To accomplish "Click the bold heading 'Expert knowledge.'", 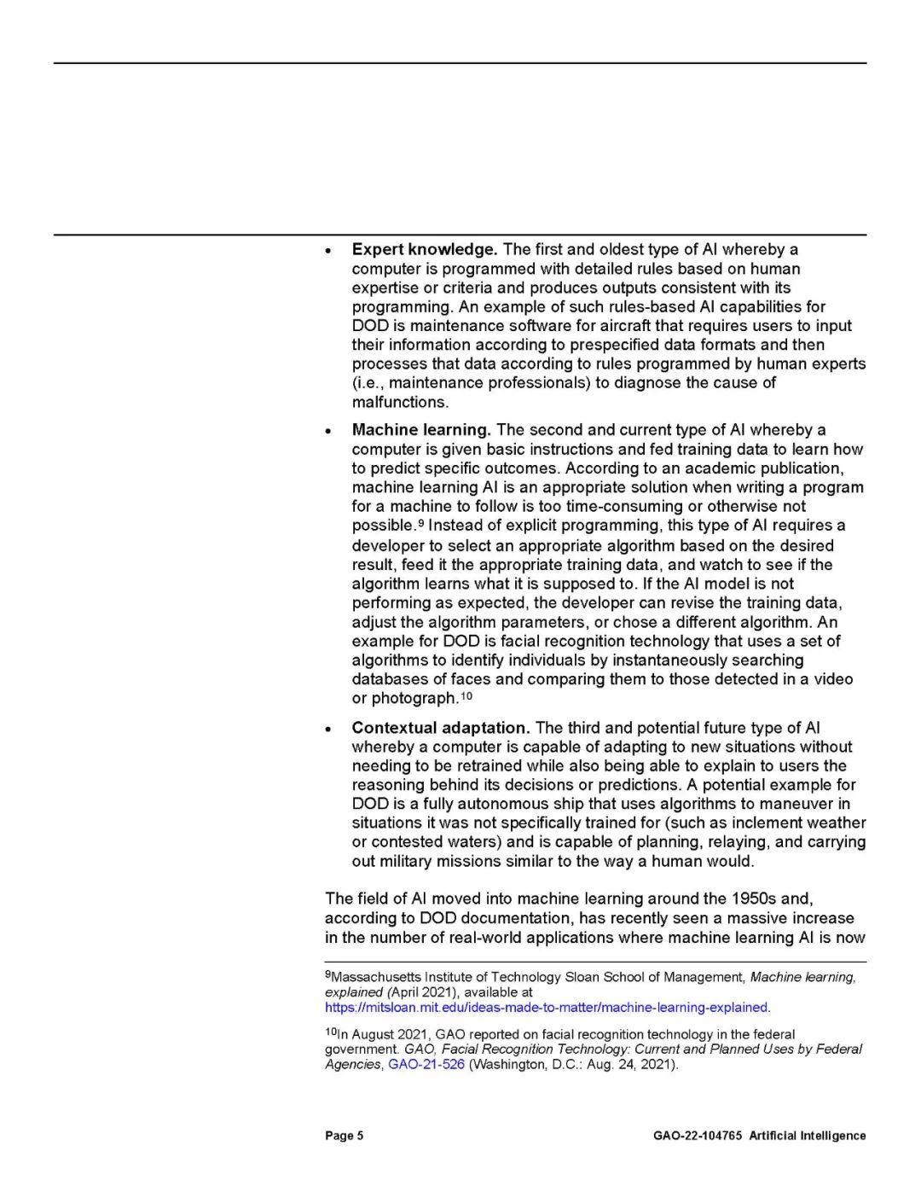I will (425, 250).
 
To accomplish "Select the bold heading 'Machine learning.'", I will (420, 430).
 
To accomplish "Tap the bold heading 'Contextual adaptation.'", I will (441, 728).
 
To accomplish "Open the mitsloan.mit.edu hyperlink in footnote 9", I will (547, 1008).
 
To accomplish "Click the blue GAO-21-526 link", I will (426, 1065).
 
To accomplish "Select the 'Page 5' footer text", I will (344, 1136).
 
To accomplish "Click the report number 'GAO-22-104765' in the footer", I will (698, 1136).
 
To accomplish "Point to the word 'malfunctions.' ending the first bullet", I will (400, 402).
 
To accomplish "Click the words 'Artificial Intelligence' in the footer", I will (808, 1136).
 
